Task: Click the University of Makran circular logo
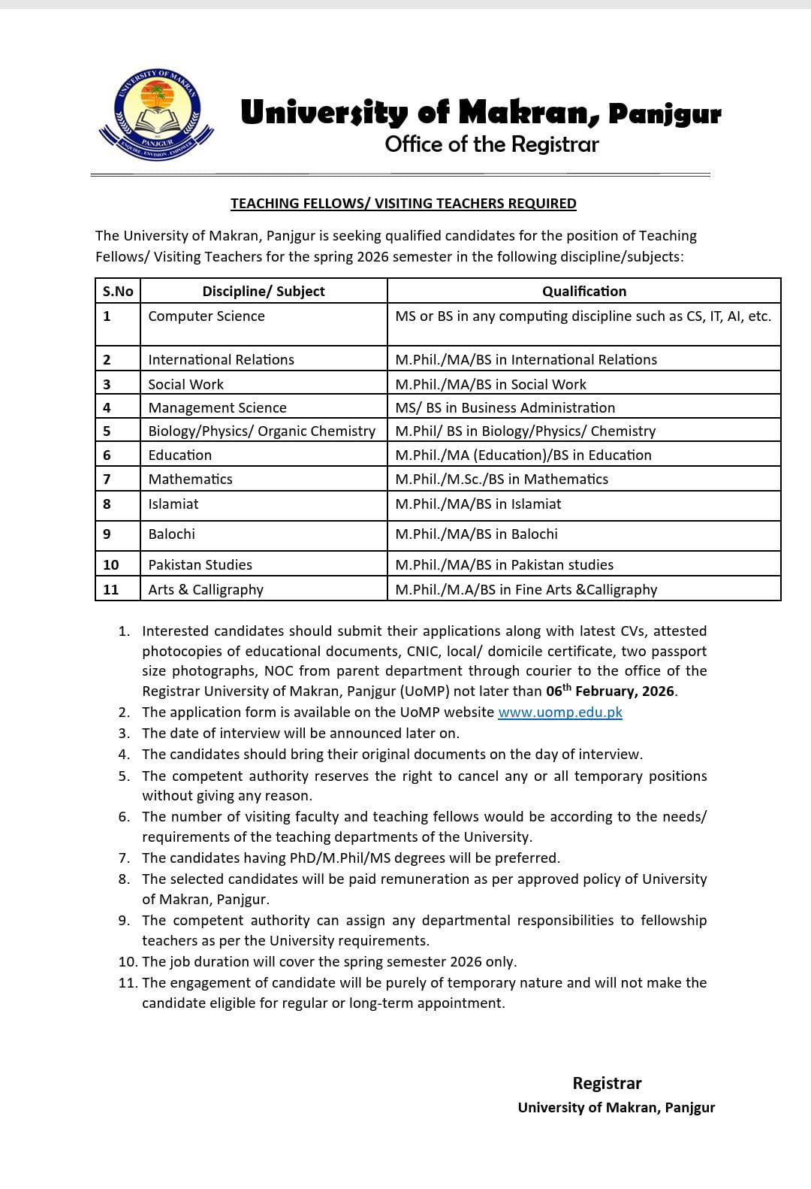pos(156,113)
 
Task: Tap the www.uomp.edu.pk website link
pos(560,712)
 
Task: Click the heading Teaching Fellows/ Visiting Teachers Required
pos(403,203)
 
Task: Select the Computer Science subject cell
pos(207,316)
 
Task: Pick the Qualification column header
pos(584,291)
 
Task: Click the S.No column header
pos(118,291)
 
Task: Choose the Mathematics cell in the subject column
pos(191,479)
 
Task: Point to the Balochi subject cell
pos(172,534)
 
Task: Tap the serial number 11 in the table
pos(111,589)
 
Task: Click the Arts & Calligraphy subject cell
pos(206,589)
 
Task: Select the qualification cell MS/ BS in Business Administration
pos(505,407)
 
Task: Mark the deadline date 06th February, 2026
pos(611,691)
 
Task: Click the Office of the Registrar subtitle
pos(492,144)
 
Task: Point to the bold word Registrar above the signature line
pos(607,1083)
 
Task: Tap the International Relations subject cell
pos(222,359)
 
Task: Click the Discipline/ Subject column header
pos(264,291)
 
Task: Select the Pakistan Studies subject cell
pos(200,564)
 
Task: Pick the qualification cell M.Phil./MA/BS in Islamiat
pos(478,504)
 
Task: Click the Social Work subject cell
pos(186,384)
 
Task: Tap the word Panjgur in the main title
pos(665,114)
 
